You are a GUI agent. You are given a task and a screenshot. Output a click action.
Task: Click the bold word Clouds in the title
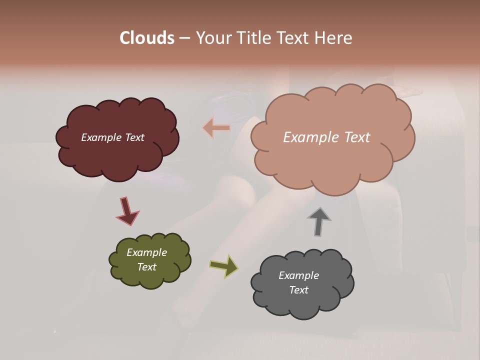coord(147,38)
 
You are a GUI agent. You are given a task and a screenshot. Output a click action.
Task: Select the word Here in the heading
coord(334,38)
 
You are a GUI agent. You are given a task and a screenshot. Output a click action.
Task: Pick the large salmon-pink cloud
coord(332,160)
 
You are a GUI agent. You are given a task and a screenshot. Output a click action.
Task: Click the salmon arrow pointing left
coord(216,128)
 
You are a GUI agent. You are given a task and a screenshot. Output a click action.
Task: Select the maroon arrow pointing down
coord(127,210)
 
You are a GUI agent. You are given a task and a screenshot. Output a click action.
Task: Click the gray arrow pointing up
coord(318,221)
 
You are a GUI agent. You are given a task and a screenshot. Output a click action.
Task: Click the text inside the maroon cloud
coord(112,137)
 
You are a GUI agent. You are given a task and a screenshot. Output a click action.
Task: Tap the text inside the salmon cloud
coord(326,137)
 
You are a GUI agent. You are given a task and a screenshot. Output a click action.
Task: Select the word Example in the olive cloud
coord(146,252)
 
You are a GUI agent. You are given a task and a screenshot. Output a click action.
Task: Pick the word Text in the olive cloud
coord(146,267)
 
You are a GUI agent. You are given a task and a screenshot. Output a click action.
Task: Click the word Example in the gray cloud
coord(298,275)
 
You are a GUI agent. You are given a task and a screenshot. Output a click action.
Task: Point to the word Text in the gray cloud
coord(298,290)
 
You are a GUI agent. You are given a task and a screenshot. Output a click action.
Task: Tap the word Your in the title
coord(210,38)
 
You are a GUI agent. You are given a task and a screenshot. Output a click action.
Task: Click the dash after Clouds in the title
coord(184,38)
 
